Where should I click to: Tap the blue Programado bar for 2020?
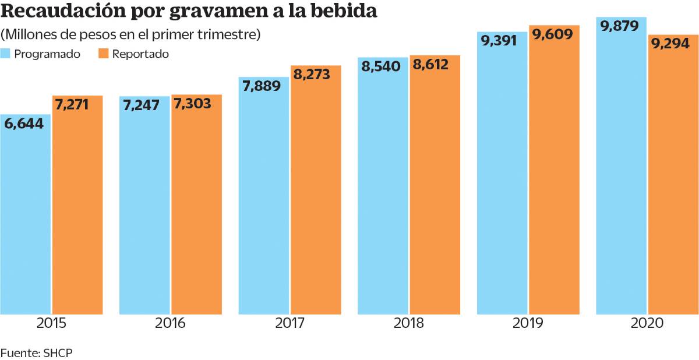tap(621, 175)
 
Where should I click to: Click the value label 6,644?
tap(24, 123)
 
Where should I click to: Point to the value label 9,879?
tap(620, 26)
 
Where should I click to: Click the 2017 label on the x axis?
tap(290, 323)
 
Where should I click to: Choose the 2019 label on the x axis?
tap(528, 323)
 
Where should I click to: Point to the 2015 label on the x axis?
tap(51, 323)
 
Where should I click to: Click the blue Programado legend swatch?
tap(5, 54)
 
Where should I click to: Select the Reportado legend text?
tap(140, 54)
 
